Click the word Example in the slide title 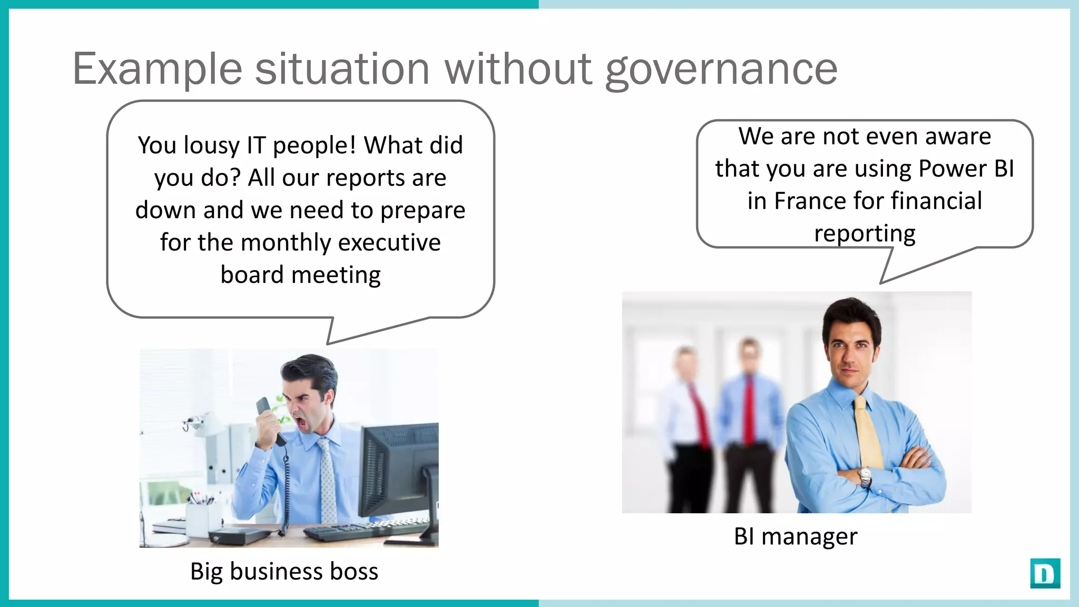click(x=157, y=70)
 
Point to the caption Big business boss click(x=284, y=572)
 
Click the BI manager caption click(x=796, y=537)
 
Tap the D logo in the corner click(x=1045, y=573)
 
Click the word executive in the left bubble click(x=389, y=243)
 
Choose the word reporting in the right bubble click(x=865, y=233)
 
